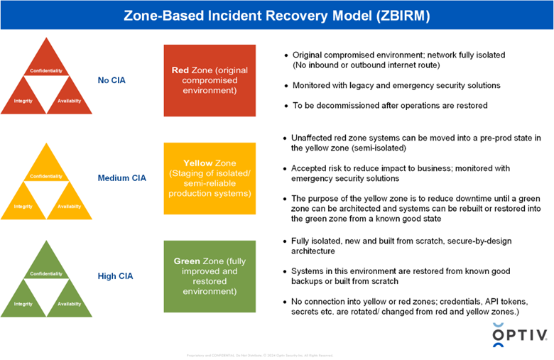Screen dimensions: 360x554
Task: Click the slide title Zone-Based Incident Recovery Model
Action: [277, 15]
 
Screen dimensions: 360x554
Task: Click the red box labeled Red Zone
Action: [209, 80]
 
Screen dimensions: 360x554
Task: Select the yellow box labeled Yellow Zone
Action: [209, 178]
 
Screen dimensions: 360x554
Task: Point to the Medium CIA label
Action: [121, 178]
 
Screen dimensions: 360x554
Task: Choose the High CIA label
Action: [115, 276]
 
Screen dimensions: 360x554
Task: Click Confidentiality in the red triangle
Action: [46, 71]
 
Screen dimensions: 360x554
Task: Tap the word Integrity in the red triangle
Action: [23, 101]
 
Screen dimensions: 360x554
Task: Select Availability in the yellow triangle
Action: [69, 207]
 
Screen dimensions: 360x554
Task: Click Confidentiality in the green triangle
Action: [46, 273]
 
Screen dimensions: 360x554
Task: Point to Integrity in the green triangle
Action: [23, 304]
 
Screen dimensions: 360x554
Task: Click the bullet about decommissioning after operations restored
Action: [390, 106]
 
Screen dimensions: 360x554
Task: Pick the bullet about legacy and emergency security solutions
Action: [396, 85]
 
